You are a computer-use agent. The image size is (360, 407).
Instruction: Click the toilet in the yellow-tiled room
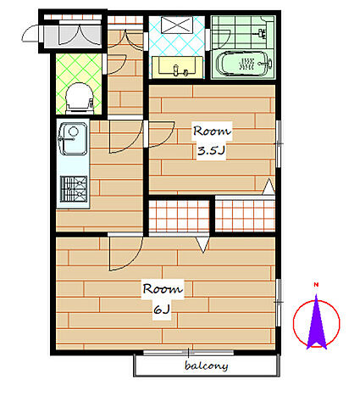tap(80, 98)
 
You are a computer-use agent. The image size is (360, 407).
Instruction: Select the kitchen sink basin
tap(73, 139)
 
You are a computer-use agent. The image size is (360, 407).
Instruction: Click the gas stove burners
tap(74, 189)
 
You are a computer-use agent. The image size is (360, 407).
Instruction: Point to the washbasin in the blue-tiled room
tap(178, 68)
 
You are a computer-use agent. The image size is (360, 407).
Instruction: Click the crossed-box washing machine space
tap(177, 25)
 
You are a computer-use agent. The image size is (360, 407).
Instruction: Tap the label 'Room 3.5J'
tap(212, 141)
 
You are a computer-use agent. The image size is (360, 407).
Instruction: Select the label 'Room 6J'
tap(163, 299)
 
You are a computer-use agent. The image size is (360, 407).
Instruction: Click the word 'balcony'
tap(207, 365)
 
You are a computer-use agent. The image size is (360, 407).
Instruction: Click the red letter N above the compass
tap(316, 285)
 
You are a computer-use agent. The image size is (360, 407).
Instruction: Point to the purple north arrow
tap(317, 321)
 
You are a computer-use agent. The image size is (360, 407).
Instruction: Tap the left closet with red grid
tap(180, 216)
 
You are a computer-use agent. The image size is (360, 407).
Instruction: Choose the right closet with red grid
tap(245, 215)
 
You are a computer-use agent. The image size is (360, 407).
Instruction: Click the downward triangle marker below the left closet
tap(202, 244)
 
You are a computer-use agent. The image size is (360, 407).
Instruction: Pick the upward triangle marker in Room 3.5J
tap(269, 187)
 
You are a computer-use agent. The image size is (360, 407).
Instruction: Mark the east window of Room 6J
tap(279, 303)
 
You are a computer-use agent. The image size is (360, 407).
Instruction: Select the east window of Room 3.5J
tap(279, 144)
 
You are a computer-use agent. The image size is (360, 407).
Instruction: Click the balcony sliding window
tap(188, 353)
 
